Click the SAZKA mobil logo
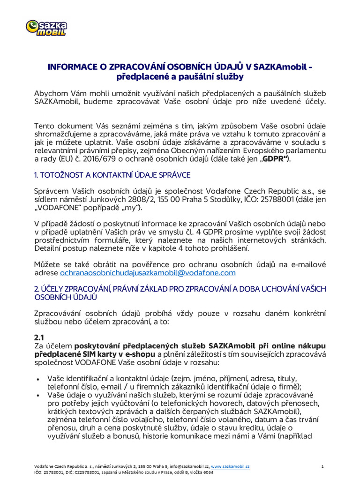pos(46,28)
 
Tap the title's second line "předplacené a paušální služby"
pos(180,76)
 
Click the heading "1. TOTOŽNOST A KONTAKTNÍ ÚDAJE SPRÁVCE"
pos(112,175)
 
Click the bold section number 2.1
pos(39,337)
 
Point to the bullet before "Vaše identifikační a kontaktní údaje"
pos(37,378)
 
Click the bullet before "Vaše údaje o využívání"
pos(37,396)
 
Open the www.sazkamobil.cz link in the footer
pos(230,467)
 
